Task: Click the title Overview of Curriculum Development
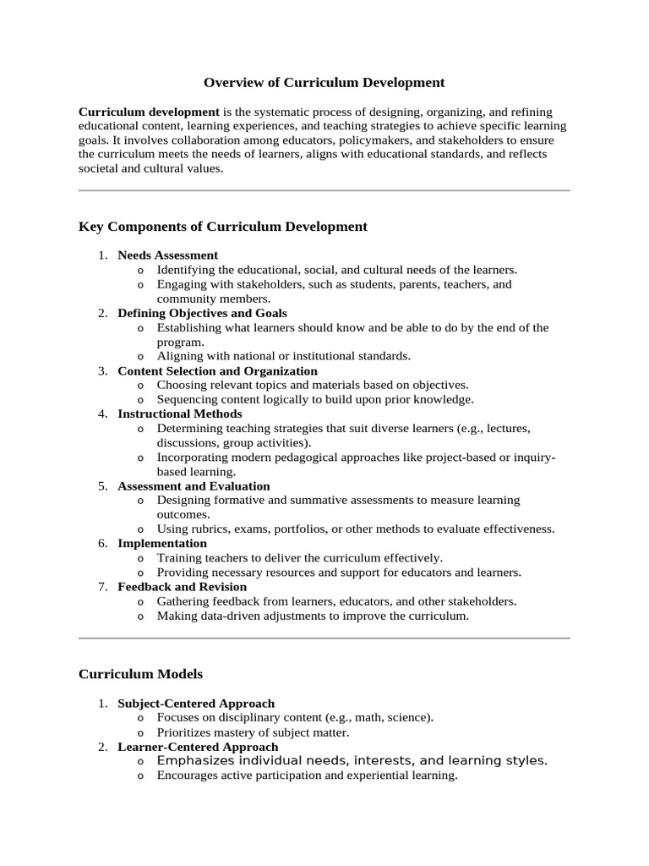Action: tap(324, 83)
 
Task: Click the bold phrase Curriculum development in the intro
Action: tap(149, 112)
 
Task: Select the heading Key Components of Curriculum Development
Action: tap(223, 227)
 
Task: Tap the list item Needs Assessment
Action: tap(167, 255)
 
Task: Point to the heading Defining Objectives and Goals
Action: tap(202, 313)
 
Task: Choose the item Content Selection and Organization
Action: tap(217, 370)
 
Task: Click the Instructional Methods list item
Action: tap(180, 414)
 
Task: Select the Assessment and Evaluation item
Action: tap(194, 486)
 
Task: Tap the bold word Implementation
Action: tap(162, 543)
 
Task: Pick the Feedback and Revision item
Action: tap(182, 587)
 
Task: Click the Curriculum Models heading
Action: tap(140, 674)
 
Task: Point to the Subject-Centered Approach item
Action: tap(196, 703)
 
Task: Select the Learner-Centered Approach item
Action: tap(198, 747)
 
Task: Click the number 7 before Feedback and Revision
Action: tap(101, 587)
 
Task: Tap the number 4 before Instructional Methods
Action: tap(101, 414)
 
